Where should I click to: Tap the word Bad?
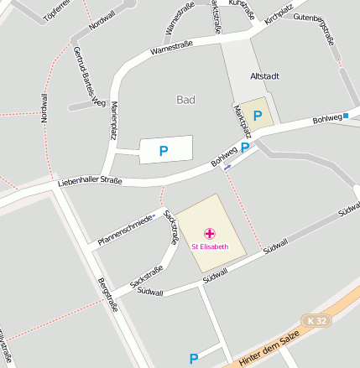pyautogui.click(x=186, y=99)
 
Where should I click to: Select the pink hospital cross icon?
pyautogui.click(x=210, y=233)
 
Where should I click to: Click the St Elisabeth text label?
pyautogui.click(x=210, y=246)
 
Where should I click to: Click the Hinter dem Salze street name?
pyautogui.click(x=268, y=346)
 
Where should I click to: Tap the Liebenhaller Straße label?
pyautogui.click(x=90, y=181)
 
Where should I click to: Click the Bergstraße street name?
pyautogui.click(x=107, y=293)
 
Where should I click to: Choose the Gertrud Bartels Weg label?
pyautogui.click(x=87, y=77)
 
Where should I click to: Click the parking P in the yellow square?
pyautogui.click(x=258, y=116)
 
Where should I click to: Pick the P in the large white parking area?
pyautogui.click(x=164, y=151)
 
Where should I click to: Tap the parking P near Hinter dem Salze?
pyautogui.click(x=194, y=359)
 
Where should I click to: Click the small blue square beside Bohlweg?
pyautogui.click(x=346, y=116)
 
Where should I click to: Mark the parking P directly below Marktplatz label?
pyautogui.click(x=245, y=148)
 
